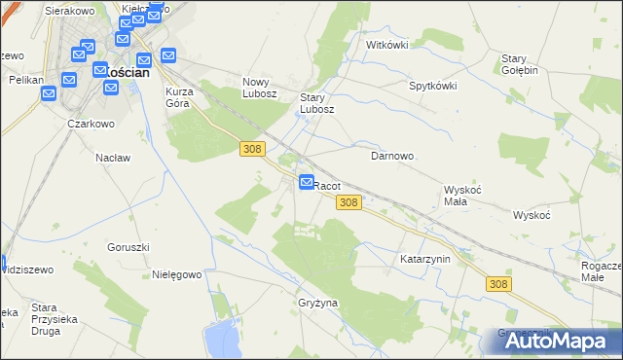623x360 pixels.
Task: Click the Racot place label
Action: (x=327, y=185)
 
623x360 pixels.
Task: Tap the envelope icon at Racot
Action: (x=307, y=182)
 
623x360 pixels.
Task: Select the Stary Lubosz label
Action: (x=317, y=103)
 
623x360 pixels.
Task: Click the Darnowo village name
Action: (x=393, y=155)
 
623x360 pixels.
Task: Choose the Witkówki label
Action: (x=386, y=45)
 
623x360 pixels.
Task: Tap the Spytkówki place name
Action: (x=433, y=86)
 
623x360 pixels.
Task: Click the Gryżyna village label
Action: (x=318, y=303)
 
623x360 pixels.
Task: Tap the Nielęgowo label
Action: (x=177, y=275)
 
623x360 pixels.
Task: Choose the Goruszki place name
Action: (x=128, y=247)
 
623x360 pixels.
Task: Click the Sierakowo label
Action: (x=73, y=12)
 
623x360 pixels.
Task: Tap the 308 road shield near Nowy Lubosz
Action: (x=252, y=147)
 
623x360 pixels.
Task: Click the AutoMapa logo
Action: (x=551, y=341)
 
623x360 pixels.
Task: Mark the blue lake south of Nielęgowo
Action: (x=225, y=340)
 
